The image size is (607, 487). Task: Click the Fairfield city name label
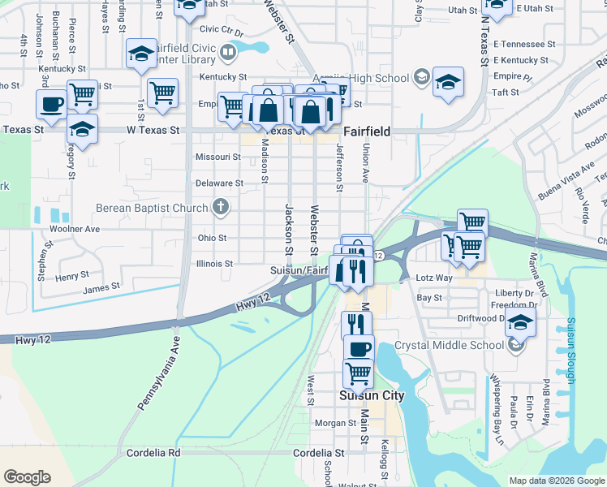367,131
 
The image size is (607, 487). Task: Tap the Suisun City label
371,396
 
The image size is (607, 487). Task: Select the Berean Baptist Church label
152,208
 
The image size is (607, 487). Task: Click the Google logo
27,477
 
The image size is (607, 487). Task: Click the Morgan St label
330,423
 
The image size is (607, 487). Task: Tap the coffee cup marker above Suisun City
359,349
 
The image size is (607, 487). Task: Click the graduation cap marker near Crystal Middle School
520,321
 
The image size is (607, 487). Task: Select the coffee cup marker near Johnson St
51,105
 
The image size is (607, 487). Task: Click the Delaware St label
219,183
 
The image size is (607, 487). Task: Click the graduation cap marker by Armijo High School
448,82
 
